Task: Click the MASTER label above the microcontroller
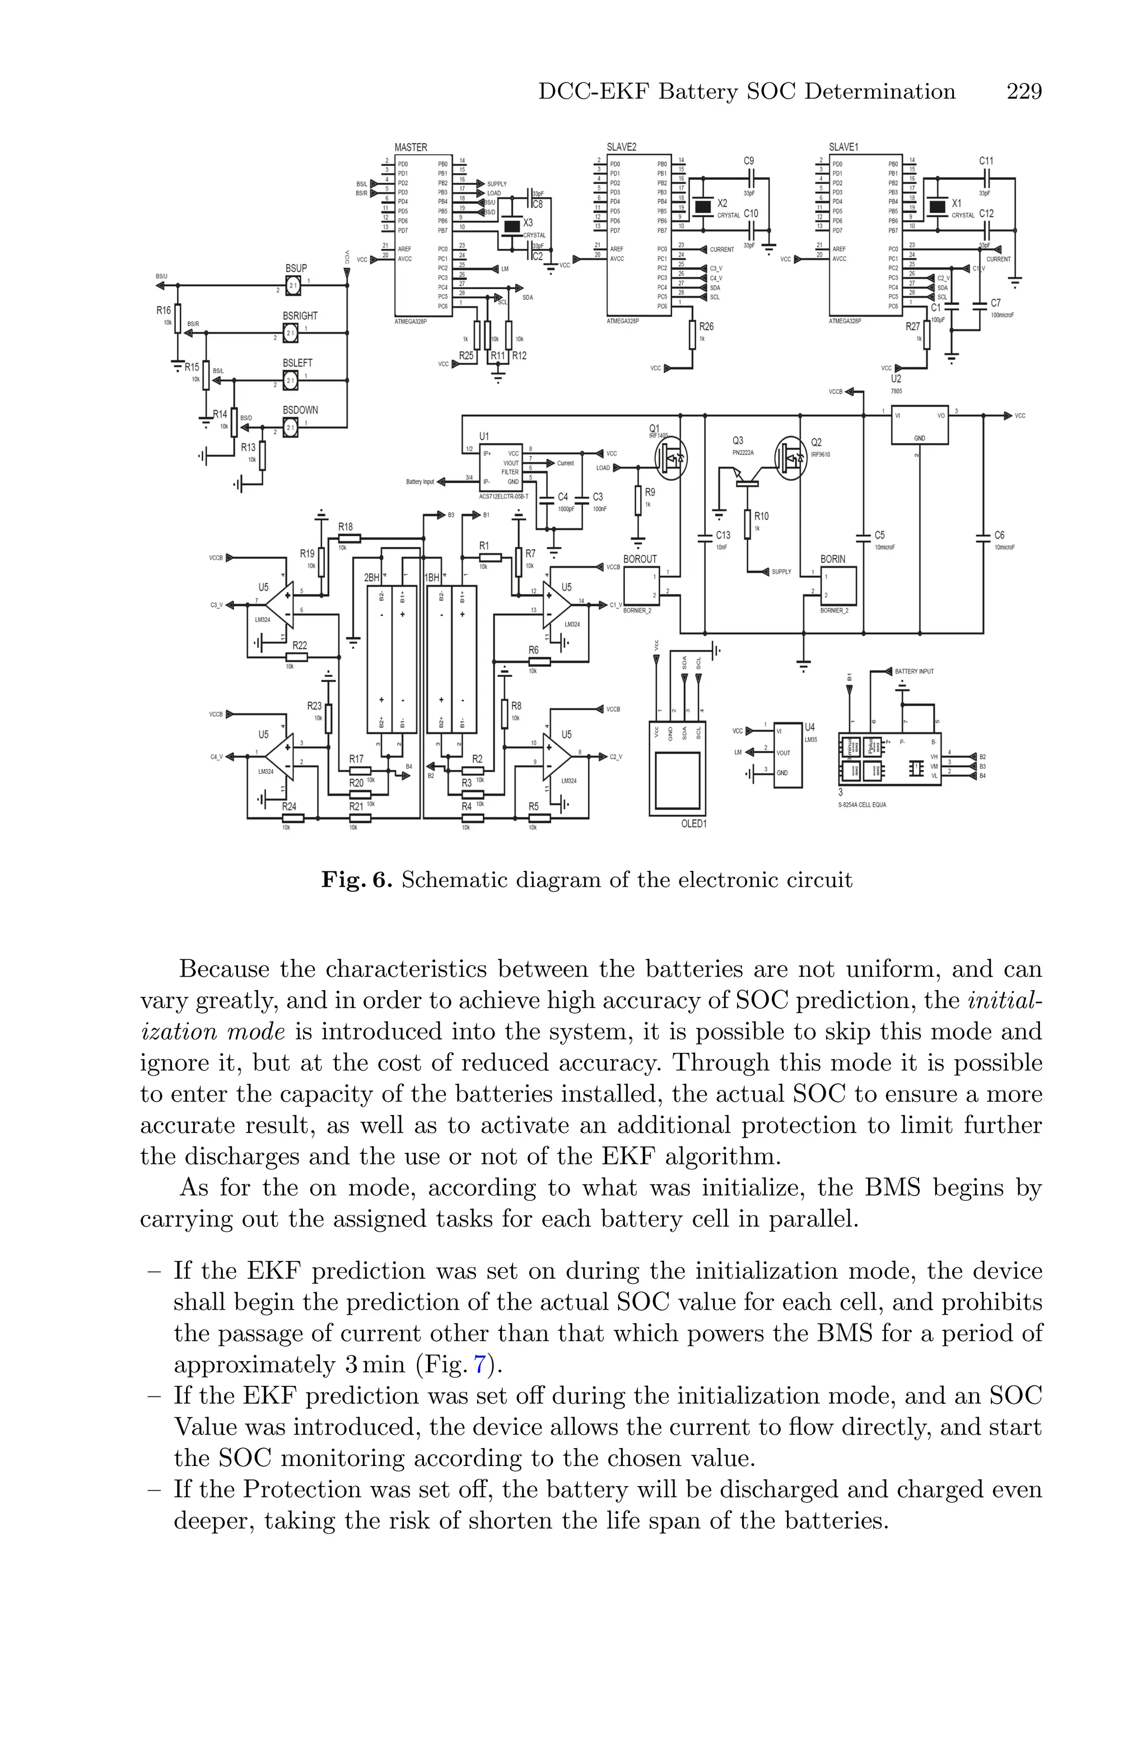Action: tap(411, 147)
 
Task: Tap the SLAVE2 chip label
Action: tap(621, 147)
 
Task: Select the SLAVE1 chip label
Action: tap(843, 147)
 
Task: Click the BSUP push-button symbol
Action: tap(292, 285)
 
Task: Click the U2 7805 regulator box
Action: tap(920, 424)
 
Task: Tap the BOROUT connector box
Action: tap(641, 586)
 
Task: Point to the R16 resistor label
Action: tap(163, 311)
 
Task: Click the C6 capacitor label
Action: tap(999, 536)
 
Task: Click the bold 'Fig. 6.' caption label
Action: tap(357, 879)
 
